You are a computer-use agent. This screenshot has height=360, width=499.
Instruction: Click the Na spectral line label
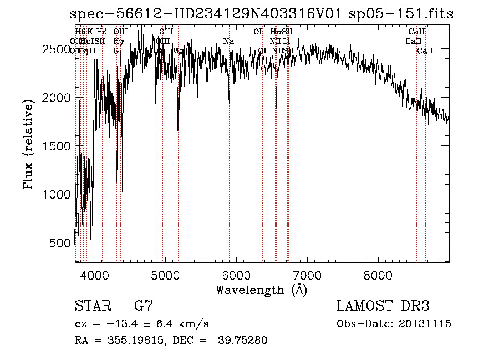click(x=228, y=41)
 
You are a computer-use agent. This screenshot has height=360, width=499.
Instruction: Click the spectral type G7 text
click(x=144, y=306)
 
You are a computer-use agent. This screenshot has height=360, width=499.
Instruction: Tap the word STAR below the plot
click(x=91, y=306)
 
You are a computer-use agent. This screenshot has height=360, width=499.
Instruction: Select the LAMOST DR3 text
click(x=383, y=306)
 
